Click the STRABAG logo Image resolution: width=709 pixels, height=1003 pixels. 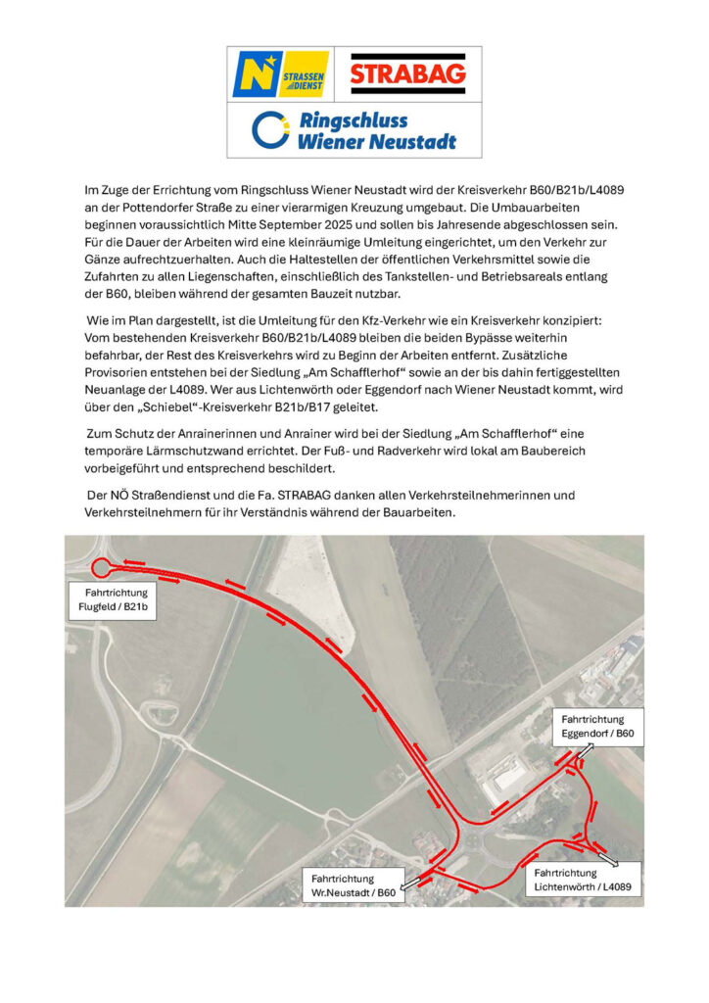coord(408,73)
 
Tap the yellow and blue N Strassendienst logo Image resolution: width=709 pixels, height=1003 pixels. coord(280,73)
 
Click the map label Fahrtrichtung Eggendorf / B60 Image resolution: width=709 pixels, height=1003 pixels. coord(597,725)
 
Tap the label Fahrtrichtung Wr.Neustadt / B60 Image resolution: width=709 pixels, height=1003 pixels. coord(353,885)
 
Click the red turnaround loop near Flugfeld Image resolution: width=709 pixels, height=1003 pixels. coord(101,567)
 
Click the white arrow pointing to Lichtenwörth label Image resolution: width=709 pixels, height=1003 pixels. coord(608,859)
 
